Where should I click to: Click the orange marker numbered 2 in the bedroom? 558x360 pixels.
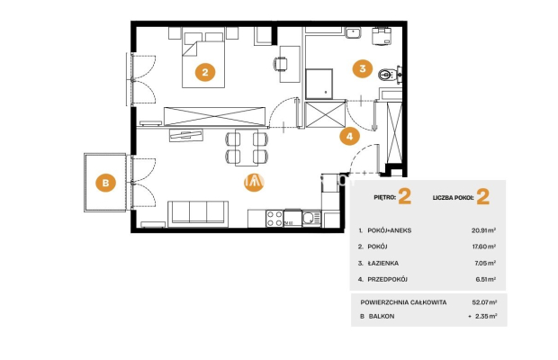tap(205, 72)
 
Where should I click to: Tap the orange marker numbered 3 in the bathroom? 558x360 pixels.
tap(363, 68)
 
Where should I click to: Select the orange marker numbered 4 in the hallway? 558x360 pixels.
tap(349, 136)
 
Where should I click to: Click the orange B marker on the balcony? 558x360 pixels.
tap(105, 183)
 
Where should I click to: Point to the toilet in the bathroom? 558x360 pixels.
tap(387, 75)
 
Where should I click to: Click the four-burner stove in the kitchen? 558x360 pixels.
tap(274, 219)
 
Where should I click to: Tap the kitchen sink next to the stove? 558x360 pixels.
tap(311, 218)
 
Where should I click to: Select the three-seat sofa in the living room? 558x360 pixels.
tap(198, 213)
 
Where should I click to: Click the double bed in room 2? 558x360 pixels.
tap(203, 58)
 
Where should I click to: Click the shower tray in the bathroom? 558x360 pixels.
tap(319, 84)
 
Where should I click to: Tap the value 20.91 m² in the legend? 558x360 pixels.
tap(483, 230)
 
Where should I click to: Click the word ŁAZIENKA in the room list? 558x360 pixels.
tap(382, 263)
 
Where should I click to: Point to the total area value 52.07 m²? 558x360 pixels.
tap(484, 302)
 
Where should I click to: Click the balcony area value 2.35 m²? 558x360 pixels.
tap(486, 316)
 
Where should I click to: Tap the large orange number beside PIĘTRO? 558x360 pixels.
tap(405, 196)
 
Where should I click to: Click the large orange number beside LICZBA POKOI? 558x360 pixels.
tap(482, 197)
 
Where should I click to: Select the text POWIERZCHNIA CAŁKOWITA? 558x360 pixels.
tap(403, 302)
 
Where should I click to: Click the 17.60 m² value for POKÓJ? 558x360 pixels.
tap(484, 247)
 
